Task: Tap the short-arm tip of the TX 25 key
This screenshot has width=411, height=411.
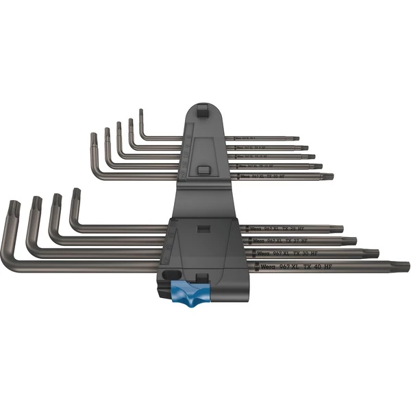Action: pyautogui.click(x=76, y=192)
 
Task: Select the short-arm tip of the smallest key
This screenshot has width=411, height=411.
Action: pyautogui.click(x=140, y=112)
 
